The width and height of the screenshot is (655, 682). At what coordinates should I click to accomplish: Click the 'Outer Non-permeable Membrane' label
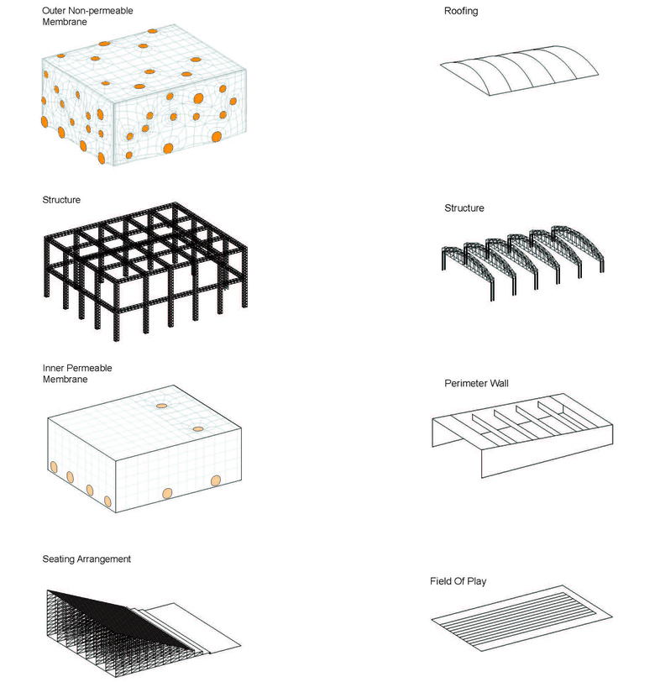[x=87, y=16]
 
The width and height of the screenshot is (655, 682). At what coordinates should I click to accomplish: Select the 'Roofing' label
[x=461, y=11]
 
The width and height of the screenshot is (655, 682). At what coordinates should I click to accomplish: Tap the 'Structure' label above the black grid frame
[x=61, y=200]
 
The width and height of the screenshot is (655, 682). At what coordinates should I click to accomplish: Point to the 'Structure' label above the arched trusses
[x=464, y=208]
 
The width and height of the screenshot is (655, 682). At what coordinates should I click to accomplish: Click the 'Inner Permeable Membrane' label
[x=77, y=373]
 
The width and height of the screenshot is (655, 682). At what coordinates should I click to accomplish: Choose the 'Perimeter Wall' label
[x=476, y=383]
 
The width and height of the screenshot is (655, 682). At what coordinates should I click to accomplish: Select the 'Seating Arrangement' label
[x=86, y=559]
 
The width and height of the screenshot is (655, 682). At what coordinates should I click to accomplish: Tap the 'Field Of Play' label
[x=458, y=581]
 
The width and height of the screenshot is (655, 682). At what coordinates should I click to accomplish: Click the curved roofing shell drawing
[x=519, y=70]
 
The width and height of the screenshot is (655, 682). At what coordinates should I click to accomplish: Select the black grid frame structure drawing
[x=146, y=270]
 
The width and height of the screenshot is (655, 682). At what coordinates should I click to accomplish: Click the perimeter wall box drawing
[x=522, y=435]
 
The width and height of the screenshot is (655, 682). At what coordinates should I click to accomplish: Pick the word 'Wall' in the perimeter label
[x=500, y=383]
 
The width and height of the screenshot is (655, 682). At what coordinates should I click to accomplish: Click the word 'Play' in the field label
[x=477, y=581]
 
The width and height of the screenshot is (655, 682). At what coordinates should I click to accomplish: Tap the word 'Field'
[x=440, y=581]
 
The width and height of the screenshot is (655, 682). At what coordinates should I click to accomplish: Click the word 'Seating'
[x=59, y=559]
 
